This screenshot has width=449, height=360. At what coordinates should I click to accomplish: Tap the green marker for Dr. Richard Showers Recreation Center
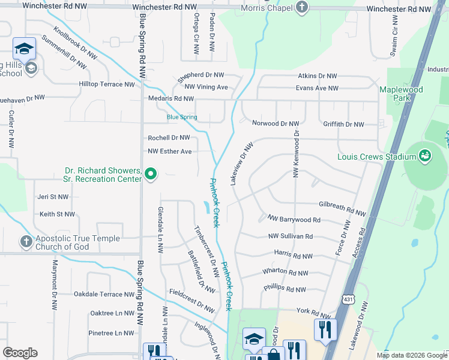(151, 175)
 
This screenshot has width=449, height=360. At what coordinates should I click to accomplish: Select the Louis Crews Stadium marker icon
(426, 157)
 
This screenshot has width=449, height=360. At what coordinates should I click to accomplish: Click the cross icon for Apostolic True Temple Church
(26, 242)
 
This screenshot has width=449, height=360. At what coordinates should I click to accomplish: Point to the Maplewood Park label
(401, 93)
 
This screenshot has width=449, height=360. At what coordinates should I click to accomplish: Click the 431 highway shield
(349, 299)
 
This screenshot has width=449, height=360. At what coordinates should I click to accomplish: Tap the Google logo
(20, 353)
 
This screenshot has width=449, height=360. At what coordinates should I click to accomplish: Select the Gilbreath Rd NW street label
(342, 209)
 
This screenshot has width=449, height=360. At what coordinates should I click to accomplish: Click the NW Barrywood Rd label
(294, 220)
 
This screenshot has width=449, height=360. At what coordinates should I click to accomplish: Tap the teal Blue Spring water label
(182, 117)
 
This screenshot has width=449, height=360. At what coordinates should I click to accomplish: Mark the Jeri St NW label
(53, 196)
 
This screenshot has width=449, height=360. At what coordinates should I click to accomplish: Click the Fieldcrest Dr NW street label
(191, 299)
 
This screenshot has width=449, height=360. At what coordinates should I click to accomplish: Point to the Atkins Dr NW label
(318, 76)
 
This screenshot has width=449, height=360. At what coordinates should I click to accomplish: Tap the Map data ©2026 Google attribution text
(411, 355)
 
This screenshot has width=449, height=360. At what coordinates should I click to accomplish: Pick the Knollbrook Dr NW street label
(76, 43)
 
